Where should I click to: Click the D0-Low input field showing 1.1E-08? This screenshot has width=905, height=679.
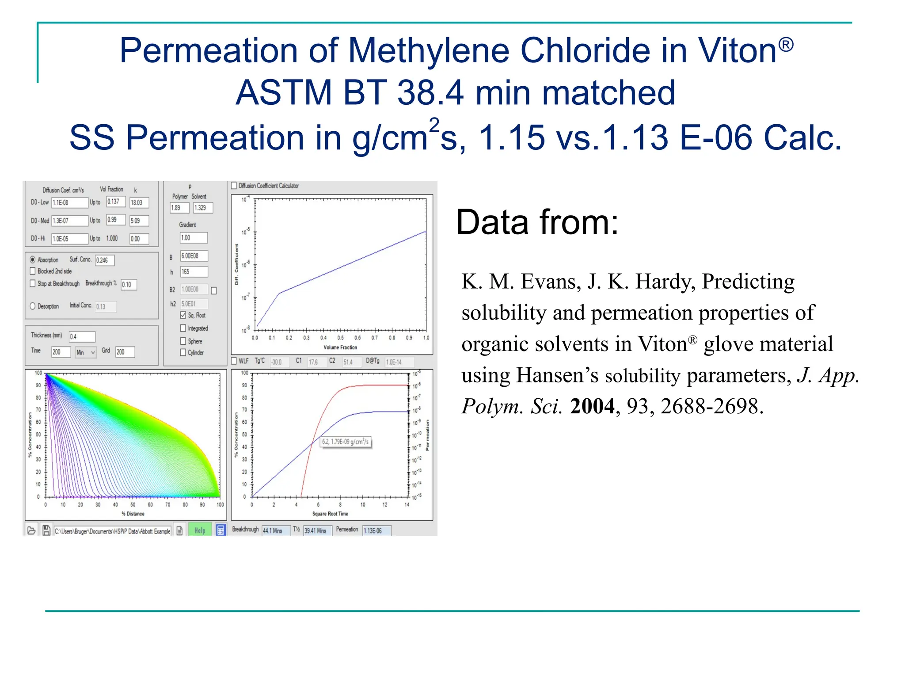click(69, 203)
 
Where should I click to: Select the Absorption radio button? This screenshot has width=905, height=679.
click(33, 260)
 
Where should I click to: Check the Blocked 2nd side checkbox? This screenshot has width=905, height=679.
click(33, 271)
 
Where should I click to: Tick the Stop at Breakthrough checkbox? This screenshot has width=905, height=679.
click(33, 283)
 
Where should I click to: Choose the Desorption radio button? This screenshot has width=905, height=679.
click(33, 306)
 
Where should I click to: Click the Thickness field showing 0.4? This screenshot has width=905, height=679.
click(82, 337)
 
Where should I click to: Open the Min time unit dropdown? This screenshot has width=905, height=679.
click(86, 352)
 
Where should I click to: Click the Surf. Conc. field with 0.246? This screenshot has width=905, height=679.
click(105, 260)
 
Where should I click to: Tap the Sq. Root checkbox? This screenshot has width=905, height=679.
click(183, 315)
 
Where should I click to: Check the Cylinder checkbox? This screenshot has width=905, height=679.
click(183, 352)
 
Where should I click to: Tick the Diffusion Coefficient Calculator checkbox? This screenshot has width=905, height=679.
click(234, 186)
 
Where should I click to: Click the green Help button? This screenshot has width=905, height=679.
click(200, 530)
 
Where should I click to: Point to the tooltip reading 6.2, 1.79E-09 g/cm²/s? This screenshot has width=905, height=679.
click(346, 442)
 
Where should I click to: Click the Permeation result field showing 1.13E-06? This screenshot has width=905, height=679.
click(376, 530)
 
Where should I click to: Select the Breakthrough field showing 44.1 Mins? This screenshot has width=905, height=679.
click(276, 530)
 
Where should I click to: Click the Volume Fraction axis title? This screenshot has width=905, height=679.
click(340, 347)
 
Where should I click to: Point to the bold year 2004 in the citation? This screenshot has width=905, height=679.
click(592, 406)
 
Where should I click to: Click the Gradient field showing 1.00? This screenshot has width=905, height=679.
click(194, 238)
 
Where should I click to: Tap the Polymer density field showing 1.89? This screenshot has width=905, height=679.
click(179, 208)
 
